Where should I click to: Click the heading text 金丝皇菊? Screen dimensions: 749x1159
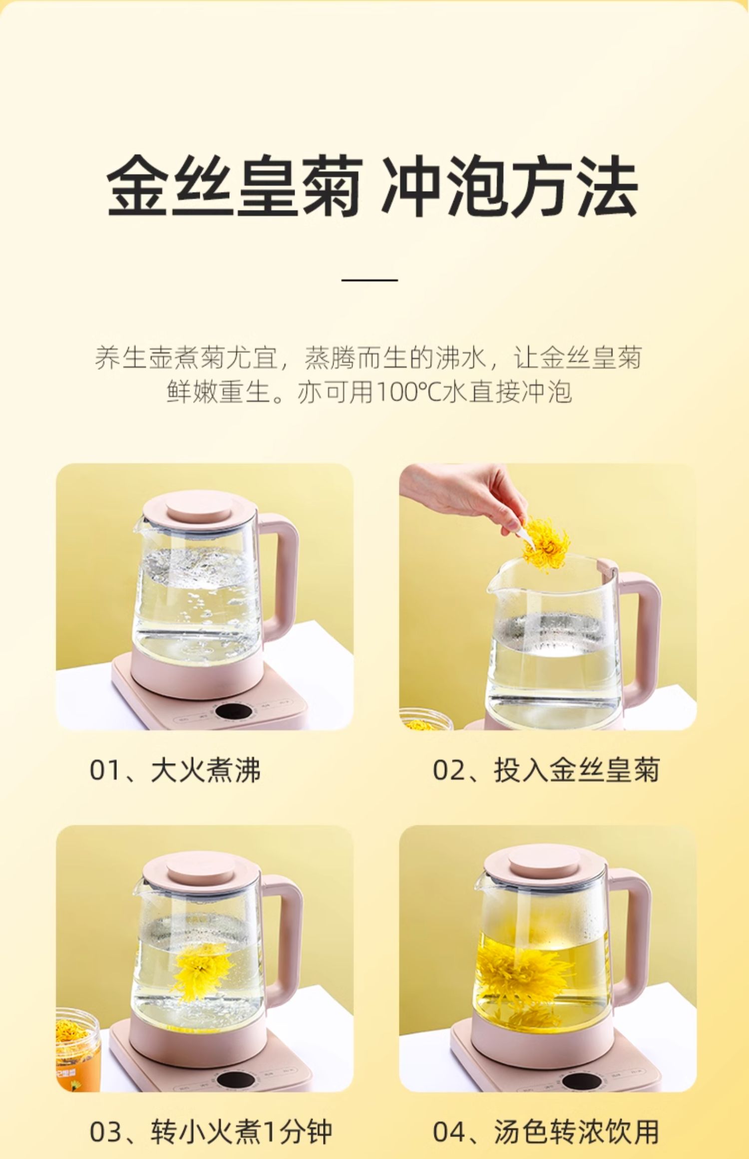(x=235, y=187)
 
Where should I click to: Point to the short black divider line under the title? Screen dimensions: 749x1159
(x=370, y=280)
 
